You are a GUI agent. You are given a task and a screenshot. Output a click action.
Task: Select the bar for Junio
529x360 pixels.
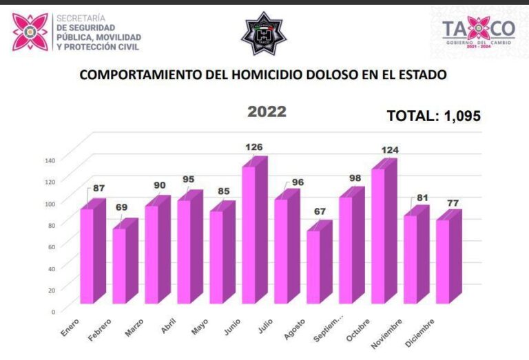(x=249, y=234)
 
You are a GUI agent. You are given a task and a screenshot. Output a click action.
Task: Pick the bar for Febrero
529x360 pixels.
(x=120, y=266)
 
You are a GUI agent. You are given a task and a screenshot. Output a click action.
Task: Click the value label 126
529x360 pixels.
(x=254, y=147)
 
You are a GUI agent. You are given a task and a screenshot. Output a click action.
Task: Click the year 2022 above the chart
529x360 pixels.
(x=267, y=112)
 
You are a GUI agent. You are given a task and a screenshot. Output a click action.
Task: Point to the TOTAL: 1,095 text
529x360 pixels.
(x=433, y=116)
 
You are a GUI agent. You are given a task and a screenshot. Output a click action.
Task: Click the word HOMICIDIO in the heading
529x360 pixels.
(x=267, y=74)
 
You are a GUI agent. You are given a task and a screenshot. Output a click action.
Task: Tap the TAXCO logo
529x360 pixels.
(x=478, y=30)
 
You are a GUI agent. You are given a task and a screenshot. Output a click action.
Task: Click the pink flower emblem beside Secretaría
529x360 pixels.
(x=30, y=32)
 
